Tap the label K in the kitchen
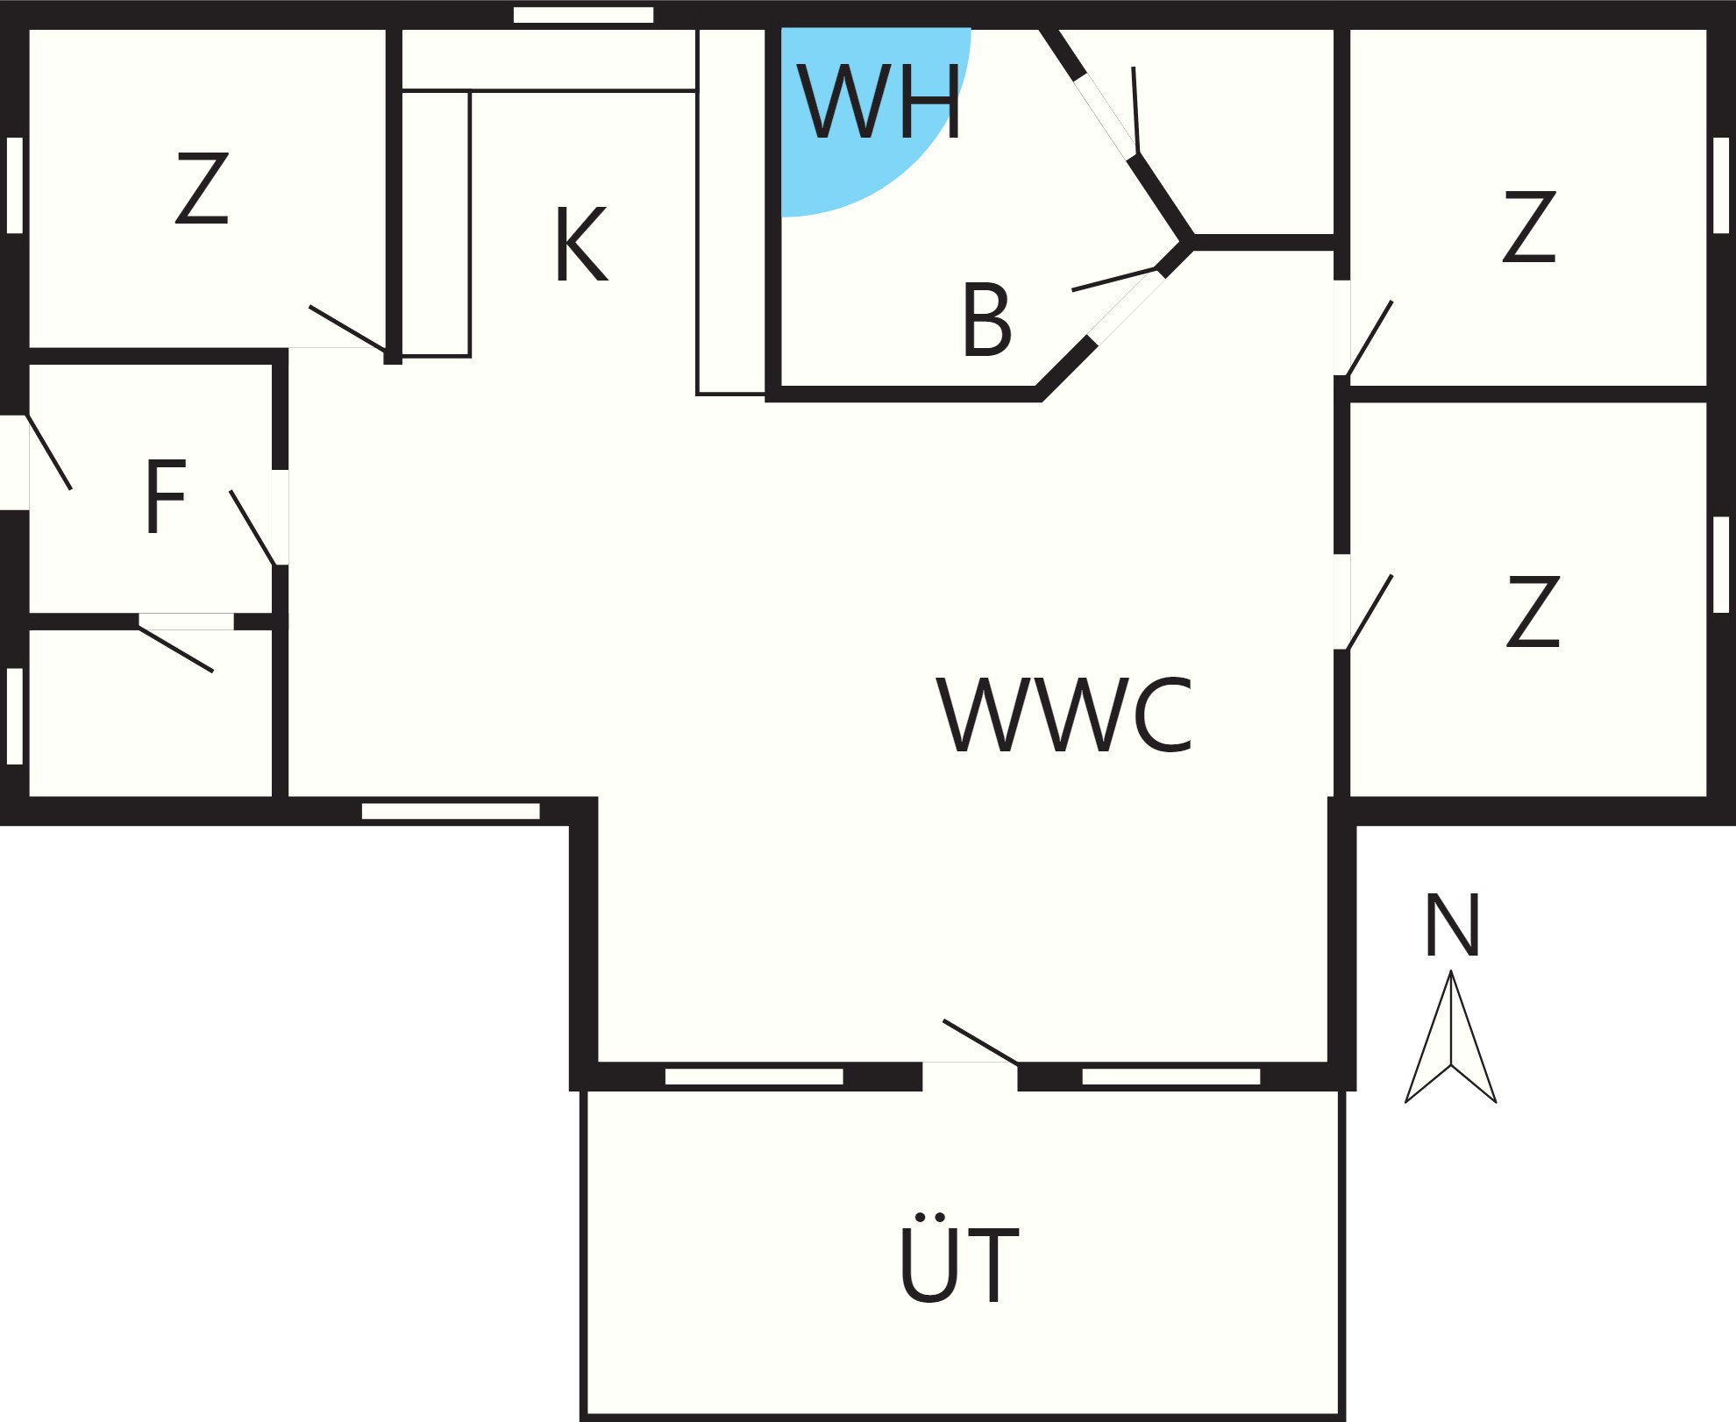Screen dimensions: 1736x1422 pos(581,245)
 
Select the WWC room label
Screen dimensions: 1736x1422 pos(1065,715)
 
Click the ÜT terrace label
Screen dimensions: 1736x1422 pos(959,1258)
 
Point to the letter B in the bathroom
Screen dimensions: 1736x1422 pos(987,320)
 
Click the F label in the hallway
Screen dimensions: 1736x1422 pos(166,496)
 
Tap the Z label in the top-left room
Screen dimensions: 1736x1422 pos(203,188)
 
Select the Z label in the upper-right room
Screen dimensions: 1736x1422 pos(1530,226)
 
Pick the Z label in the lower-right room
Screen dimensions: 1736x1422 pos(1533,611)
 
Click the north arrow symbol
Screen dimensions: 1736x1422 pos(1451,1036)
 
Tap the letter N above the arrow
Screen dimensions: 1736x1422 pos(1453,925)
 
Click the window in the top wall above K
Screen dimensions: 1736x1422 pos(583,15)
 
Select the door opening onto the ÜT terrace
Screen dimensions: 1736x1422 pos(970,1075)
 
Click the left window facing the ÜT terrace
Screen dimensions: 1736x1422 pos(754,1077)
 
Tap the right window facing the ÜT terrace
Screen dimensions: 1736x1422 pos(1171,1077)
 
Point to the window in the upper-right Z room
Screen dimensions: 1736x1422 pos(1721,185)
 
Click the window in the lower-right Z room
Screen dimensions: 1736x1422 pos(1721,565)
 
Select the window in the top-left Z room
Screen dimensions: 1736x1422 pos(15,185)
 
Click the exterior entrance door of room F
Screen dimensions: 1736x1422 pos(15,462)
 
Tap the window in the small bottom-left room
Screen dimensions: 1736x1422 pos(15,716)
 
